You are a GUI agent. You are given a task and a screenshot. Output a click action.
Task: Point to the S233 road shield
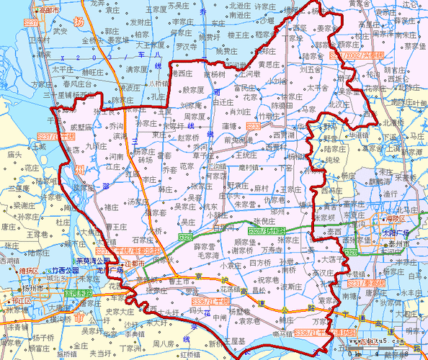(x=253, y=125)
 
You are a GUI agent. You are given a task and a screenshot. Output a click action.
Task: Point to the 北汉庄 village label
(x=337, y=103)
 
